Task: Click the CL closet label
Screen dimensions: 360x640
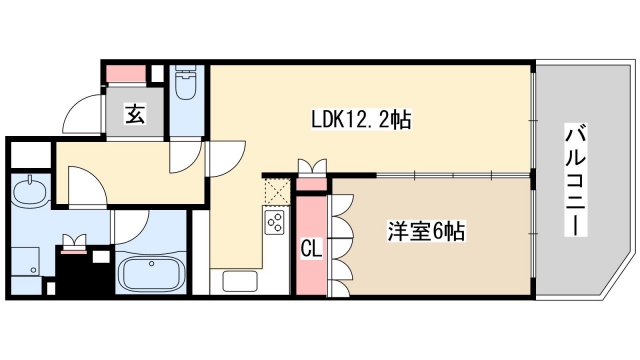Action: point(311,246)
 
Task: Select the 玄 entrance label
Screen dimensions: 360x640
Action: point(134,114)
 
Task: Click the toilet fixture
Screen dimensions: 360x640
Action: point(186,86)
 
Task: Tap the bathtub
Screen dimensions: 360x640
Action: point(150,272)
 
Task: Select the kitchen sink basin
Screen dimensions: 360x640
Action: point(239,281)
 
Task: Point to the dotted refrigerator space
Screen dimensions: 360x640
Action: point(277,191)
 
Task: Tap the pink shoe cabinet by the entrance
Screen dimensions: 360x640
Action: point(127,73)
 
